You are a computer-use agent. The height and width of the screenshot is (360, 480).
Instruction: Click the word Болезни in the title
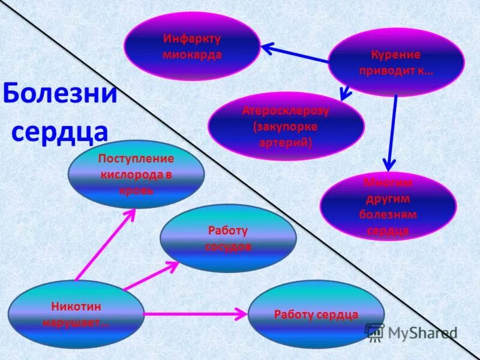tap(60, 94)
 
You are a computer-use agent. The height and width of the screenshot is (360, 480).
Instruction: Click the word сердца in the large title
tap(60, 131)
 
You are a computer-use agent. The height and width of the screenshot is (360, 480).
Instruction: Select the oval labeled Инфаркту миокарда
tap(192, 46)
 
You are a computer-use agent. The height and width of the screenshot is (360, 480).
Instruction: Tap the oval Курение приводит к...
tap(396, 62)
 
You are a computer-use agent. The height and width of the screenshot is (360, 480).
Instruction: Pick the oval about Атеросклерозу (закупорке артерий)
tap(286, 126)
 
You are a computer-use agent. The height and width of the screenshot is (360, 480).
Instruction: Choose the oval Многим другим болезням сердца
tap(388, 206)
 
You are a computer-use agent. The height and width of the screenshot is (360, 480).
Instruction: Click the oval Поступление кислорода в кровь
tap(136, 174)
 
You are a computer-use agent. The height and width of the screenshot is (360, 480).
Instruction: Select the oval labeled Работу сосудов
tap(228, 238)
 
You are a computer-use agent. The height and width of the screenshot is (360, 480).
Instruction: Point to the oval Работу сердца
tap(316, 314)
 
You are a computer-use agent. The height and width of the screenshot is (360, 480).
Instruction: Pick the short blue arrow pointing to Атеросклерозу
tap(346, 91)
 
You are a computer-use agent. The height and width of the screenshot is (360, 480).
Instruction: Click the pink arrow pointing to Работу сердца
tap(195, 313)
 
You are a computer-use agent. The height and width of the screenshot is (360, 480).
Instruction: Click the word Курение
tap(396, 55)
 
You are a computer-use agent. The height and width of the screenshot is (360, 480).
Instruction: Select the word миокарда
tap(192, 54)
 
